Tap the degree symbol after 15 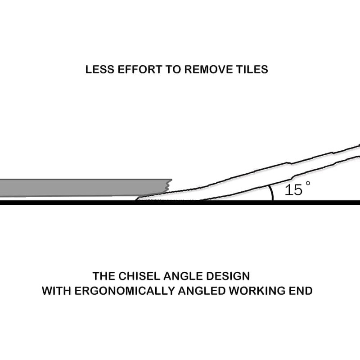[x=308, y=183]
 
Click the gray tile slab [x=85, y=188]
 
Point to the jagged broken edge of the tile [x=168, y=185]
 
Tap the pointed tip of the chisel [x=136, y=200]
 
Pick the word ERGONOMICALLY [x=125, y=291]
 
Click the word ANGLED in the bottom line [x=202, y=291]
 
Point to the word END [x=301, y=291]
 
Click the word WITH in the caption [x=56, y=291]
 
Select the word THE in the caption [x=104, y=276]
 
